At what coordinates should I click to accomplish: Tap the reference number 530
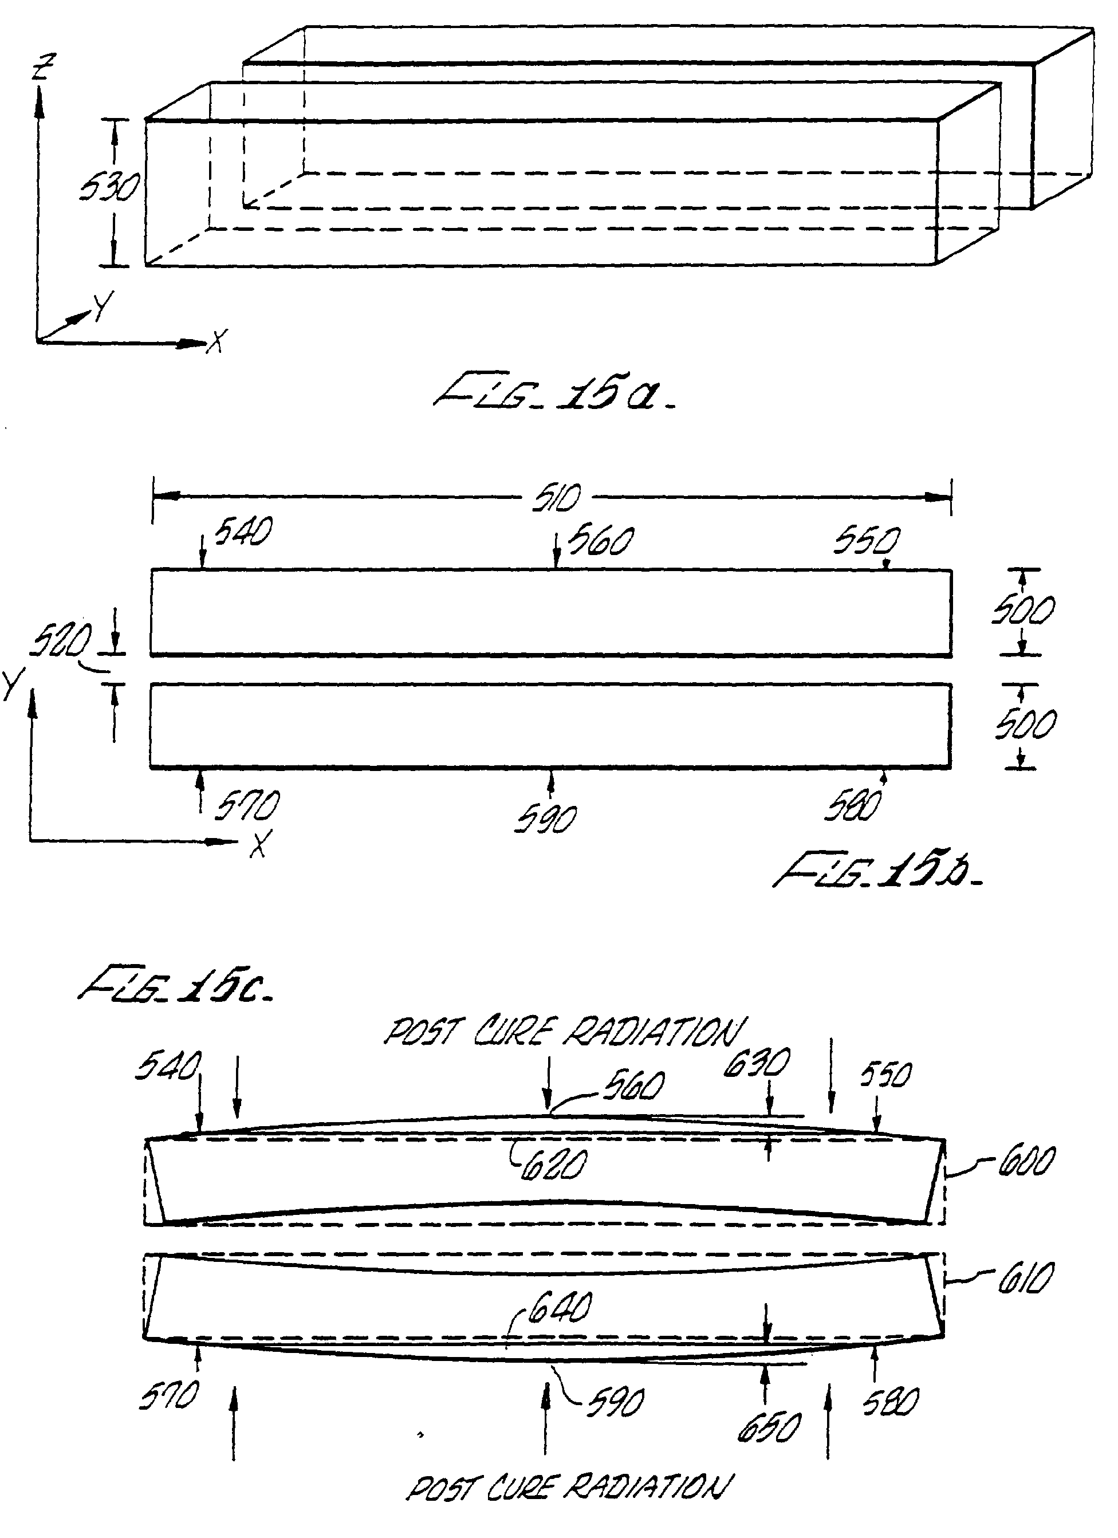pyautogui.click(x=108, y=188)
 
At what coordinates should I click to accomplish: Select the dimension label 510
pyautogui.click(x=557, y=498)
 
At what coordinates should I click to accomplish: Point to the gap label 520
pyautogui.click(x=61, y=641)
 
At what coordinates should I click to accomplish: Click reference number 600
pyautogui.click(x=1026, y=1161)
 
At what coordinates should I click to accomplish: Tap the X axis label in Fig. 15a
pyautogui.click(x=217, y=341)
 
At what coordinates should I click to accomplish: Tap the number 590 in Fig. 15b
pyautogui.click(x=546, y=819)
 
